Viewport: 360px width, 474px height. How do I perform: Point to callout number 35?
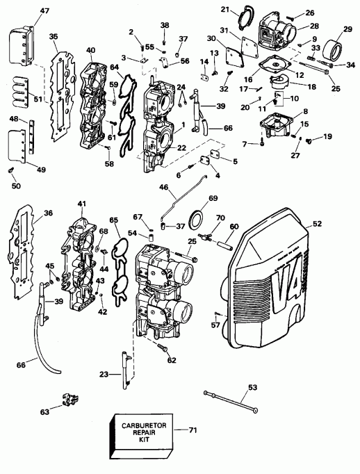[x=53, y=38]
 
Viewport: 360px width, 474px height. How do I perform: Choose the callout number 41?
[x=82, y=204]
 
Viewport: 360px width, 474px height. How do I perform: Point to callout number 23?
[x=104, y=374]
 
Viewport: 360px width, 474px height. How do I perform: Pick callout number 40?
[x=90, y=49]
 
